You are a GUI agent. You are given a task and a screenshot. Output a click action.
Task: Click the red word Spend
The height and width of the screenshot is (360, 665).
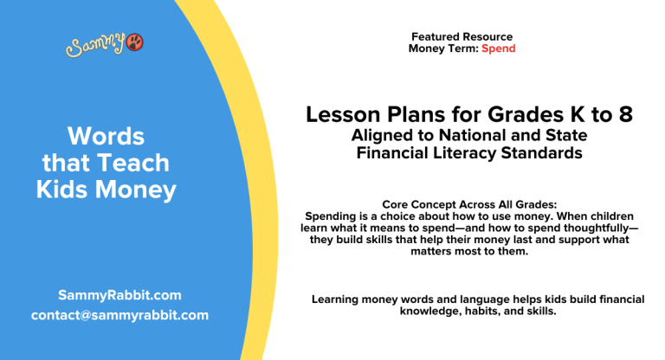(499, 48)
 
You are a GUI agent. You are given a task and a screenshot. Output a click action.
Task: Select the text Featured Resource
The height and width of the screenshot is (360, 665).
(462, 37)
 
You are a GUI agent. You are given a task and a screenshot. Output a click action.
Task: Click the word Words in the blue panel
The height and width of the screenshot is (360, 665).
(106, 136)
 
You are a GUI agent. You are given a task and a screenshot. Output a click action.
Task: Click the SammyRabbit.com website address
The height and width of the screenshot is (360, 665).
(119, 295)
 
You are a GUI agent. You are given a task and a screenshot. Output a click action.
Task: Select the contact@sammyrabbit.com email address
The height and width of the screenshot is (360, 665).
(119, 315)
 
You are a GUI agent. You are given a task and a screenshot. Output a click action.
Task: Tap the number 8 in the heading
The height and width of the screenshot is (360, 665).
(625, 115)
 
